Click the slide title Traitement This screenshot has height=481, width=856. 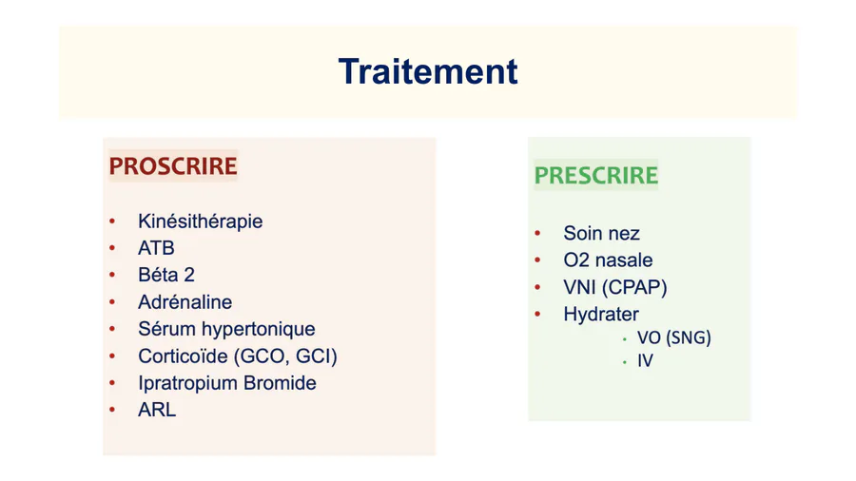(428, 71)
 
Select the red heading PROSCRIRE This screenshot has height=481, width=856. (173, 166)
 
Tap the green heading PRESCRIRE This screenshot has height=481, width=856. (596, 176)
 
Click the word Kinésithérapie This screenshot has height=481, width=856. (201, 221)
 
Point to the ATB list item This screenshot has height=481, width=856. (156, 248)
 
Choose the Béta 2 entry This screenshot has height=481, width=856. (166, 275)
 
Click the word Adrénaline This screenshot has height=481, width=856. (185, 302)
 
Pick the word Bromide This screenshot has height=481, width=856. (280, 383)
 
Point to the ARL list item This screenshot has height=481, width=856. (157, 410)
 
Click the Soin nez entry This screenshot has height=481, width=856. (602, 234)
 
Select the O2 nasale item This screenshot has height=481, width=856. (608, 260)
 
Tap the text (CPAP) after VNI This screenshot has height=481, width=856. (634, 287)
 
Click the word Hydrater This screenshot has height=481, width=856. (601, 315)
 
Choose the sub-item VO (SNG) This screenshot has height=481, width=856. (674, 338)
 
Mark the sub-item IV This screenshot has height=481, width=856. (645, 361)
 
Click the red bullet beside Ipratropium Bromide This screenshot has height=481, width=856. (112, 383)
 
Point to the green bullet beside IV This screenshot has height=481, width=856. (625, 361)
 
